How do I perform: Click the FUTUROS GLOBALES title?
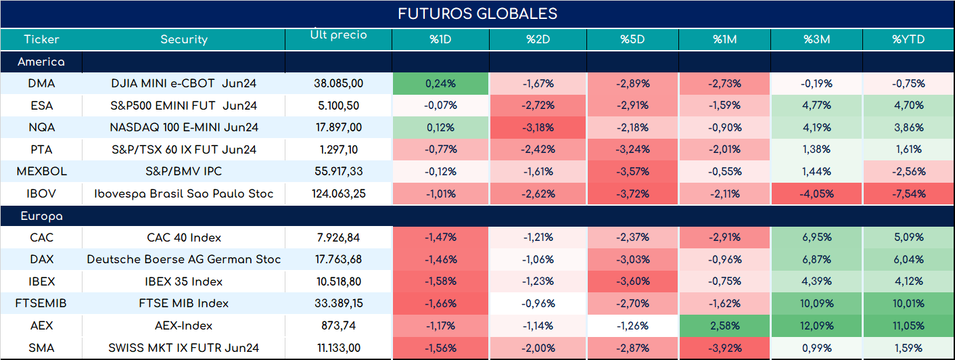(477, 14)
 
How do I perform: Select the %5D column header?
(632, 39)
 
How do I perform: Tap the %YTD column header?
(908, 39)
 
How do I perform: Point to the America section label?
(41, 62)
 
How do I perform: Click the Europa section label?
(41, 217)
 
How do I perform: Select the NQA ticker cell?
(41, 127)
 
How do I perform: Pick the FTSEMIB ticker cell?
(41, 303)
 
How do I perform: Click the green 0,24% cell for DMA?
(440, 84)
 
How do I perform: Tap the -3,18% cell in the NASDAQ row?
(538, 127)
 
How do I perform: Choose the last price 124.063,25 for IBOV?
(339, 194)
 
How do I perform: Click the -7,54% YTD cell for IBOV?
(908, 194)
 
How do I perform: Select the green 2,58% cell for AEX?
(725, 326)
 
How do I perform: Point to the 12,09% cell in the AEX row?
(816, 326)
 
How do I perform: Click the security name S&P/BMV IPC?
(184, 171)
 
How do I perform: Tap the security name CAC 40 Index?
(184, 238)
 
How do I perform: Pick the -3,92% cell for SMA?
(725, 348)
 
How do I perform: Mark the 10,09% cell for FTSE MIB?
(816, 303)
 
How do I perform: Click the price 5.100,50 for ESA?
(339, 106)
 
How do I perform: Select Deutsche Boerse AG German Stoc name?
(184, 259)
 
